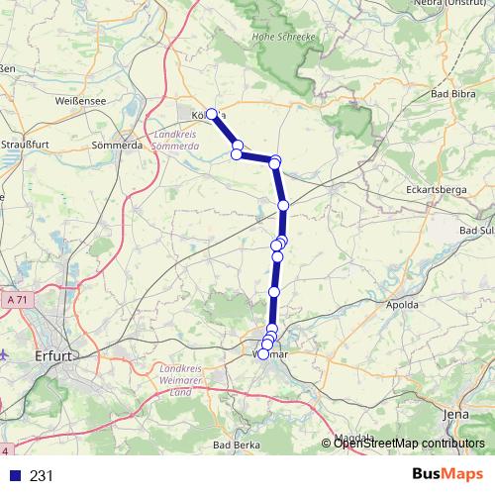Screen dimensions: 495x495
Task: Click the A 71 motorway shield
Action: point(14,298)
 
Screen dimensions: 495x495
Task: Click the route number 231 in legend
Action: point(42,475)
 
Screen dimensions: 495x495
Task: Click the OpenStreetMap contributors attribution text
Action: point(409,443)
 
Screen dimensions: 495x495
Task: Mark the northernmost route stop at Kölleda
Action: point(211,114)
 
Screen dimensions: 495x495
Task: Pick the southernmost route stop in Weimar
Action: point(262,353)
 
